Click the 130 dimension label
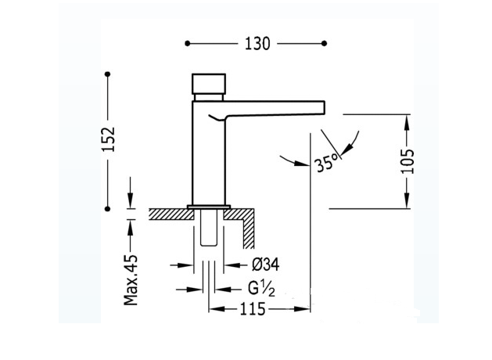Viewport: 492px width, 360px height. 257,44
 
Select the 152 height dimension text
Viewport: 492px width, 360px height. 110,139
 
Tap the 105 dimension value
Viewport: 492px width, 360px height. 408,161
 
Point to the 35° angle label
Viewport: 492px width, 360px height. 327,162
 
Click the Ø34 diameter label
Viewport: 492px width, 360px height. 265,265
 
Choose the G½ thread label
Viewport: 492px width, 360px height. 261,289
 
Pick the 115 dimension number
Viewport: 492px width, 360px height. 253,309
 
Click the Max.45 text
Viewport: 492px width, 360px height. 131,280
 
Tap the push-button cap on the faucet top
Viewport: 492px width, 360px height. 209,84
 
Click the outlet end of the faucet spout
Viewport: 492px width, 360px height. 324,107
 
